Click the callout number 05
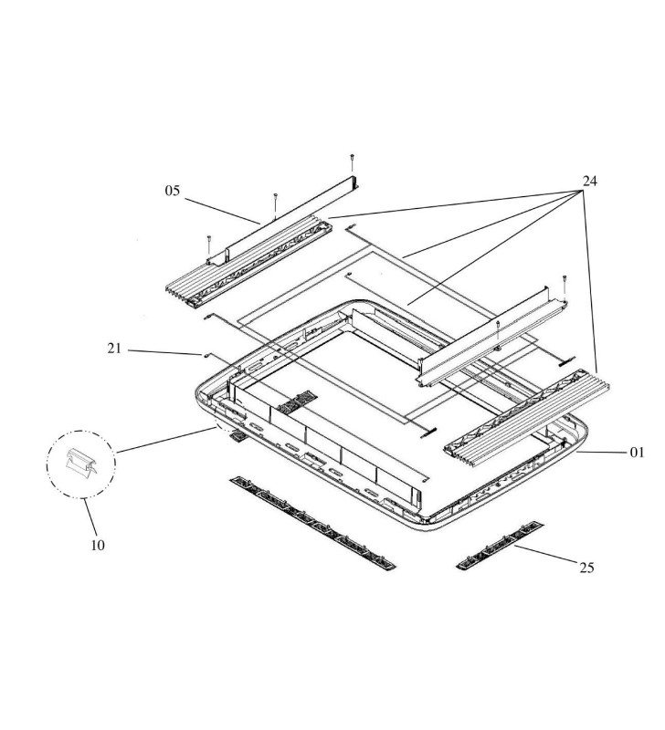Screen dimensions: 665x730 click(x=172, y=191)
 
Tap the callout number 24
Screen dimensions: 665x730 click(x=589, y=181)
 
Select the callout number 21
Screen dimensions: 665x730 click(x=114, y=348)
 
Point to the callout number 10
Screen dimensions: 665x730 click(x=98, y=545)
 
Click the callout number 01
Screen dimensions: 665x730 click(x=637, y=452)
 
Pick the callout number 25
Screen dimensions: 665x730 click(x=586, y=568)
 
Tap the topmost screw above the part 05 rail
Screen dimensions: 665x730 click(x=352, y=162)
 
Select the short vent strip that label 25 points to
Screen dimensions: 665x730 click(x=500, y=546)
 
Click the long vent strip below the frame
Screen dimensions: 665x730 click(x=312, y=523)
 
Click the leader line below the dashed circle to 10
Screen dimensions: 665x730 click(x=90, y=516)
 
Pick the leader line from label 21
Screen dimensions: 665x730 click(x=164, y=352)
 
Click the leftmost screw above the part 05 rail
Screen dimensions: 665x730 click(x=209, y=245)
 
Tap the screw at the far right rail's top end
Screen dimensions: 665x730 click(x=565, y=285)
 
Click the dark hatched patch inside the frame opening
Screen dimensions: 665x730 click(x=298, y=401)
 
